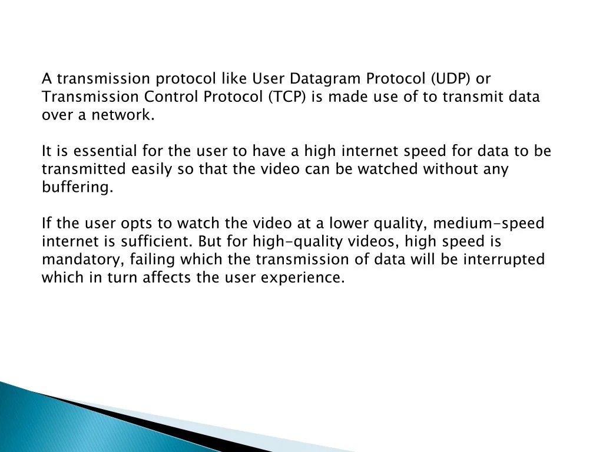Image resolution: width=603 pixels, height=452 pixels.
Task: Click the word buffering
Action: click(77, 188)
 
